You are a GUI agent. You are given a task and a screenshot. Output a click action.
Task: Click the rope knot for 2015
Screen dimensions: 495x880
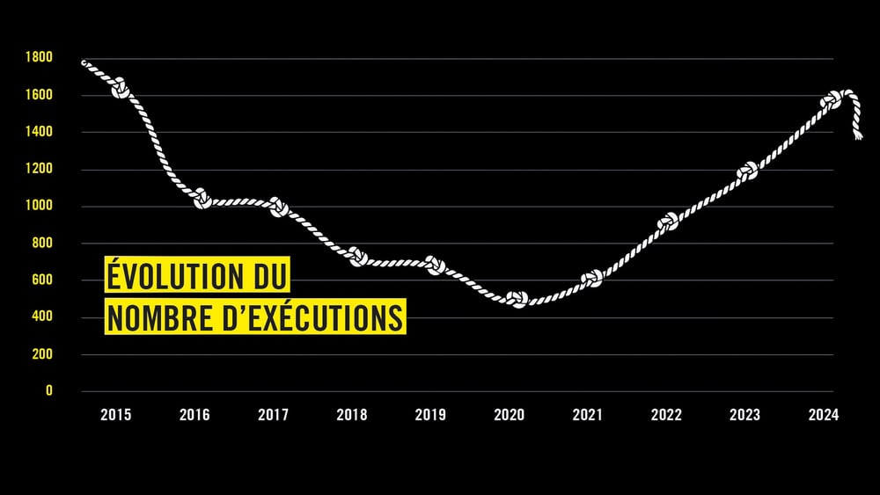[x=120, y=89]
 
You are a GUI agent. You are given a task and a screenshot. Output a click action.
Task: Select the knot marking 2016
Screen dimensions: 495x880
[x=202, y=200]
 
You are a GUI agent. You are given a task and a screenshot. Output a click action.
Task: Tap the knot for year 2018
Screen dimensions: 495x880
[x=357, y=257]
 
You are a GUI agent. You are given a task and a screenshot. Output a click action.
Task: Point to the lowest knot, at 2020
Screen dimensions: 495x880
[x=517, y=300]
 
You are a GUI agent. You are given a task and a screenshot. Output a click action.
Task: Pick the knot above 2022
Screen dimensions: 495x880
[x=668, y=221]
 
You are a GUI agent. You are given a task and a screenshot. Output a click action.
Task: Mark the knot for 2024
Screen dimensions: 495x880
[x=831, y=101]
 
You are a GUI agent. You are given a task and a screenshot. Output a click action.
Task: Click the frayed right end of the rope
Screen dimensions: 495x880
[x=856, y=134]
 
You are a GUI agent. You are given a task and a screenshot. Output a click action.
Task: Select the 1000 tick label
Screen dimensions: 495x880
[x=40, y=206]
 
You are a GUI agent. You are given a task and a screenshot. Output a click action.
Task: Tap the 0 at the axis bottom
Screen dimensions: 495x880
[x=49, y=390]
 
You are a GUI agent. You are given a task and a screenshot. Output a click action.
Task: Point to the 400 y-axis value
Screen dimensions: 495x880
[x=42, y=317]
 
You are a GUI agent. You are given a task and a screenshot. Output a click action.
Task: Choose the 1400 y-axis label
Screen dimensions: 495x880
[x=40, y=132]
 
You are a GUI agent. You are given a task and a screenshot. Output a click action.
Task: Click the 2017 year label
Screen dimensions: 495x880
[x=273, y=415]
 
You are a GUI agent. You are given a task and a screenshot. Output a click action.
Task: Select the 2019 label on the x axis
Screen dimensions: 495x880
[x=430, y=415]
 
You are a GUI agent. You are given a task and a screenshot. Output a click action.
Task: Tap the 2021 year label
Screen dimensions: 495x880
[x=588, y=415]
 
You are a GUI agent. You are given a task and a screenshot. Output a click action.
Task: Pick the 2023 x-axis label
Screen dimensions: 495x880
[x=744, y=415]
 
